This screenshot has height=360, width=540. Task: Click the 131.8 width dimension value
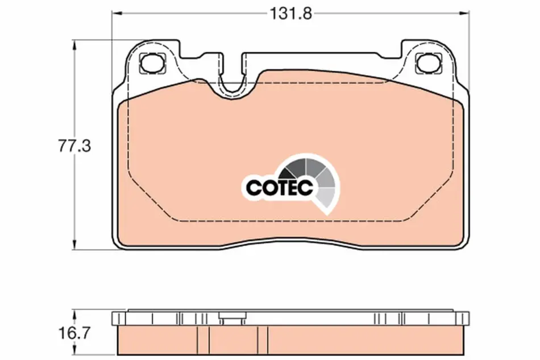coord(290,14)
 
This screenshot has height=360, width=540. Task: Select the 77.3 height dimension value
coord(74,146)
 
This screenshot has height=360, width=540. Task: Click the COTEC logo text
coord(279,187)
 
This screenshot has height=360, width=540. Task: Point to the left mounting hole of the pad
coord(152,63)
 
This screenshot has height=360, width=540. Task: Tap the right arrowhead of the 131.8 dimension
coord(464,14)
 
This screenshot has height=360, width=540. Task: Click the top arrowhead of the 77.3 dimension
coord(74,45)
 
